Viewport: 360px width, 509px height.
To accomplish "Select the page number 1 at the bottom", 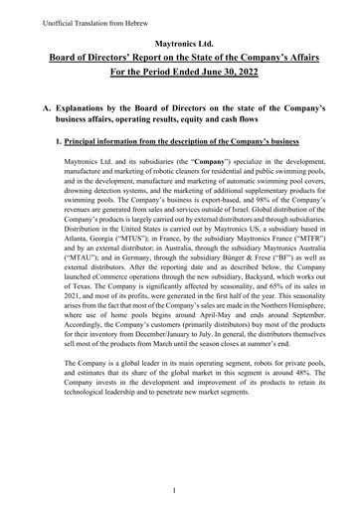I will (x=174, y=489).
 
